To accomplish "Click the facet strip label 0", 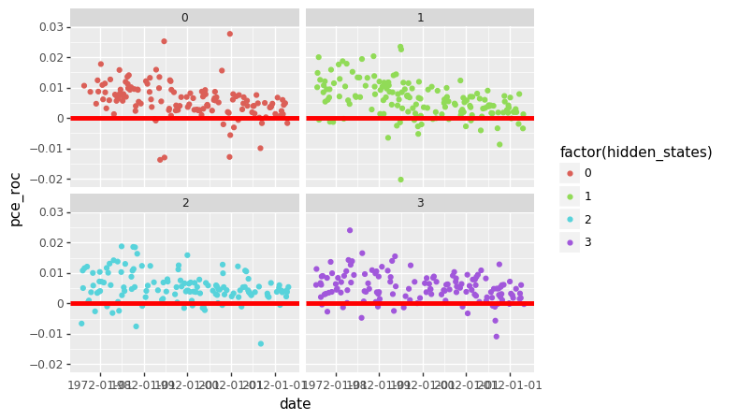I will (184, 18).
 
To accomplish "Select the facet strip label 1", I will (420, 18).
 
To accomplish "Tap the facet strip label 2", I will (184, 203).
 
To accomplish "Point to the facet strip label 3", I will (420, 203).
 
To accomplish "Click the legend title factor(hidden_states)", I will (635, 152).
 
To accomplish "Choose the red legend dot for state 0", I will (570, 173).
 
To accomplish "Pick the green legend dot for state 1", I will (570, 196).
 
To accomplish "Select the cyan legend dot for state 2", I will (570, 220).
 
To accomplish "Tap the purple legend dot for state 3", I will (570, 243).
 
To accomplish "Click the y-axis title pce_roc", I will (14, 192).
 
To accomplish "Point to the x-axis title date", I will (295, 404).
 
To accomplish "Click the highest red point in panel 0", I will (229, 34).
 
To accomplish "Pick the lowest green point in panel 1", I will (400, 180).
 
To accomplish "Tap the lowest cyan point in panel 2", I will (260, 343).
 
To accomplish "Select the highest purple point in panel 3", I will (350, 230).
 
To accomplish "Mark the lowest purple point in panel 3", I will (497, 337).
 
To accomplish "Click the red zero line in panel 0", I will (184, 118).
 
